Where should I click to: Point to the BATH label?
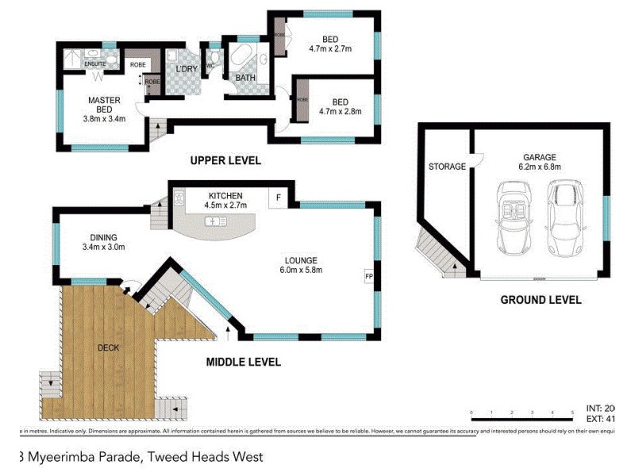(x=244, y=77)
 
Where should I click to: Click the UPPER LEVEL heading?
(x=225, y=161)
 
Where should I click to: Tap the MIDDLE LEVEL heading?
(x=244, y=363)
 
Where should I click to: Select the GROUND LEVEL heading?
(x=541, y=300)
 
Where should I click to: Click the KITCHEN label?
(x=225, y=196)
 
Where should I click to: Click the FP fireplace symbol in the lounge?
(x=368, y=277)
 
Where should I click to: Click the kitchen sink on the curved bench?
(x=215, y=220)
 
